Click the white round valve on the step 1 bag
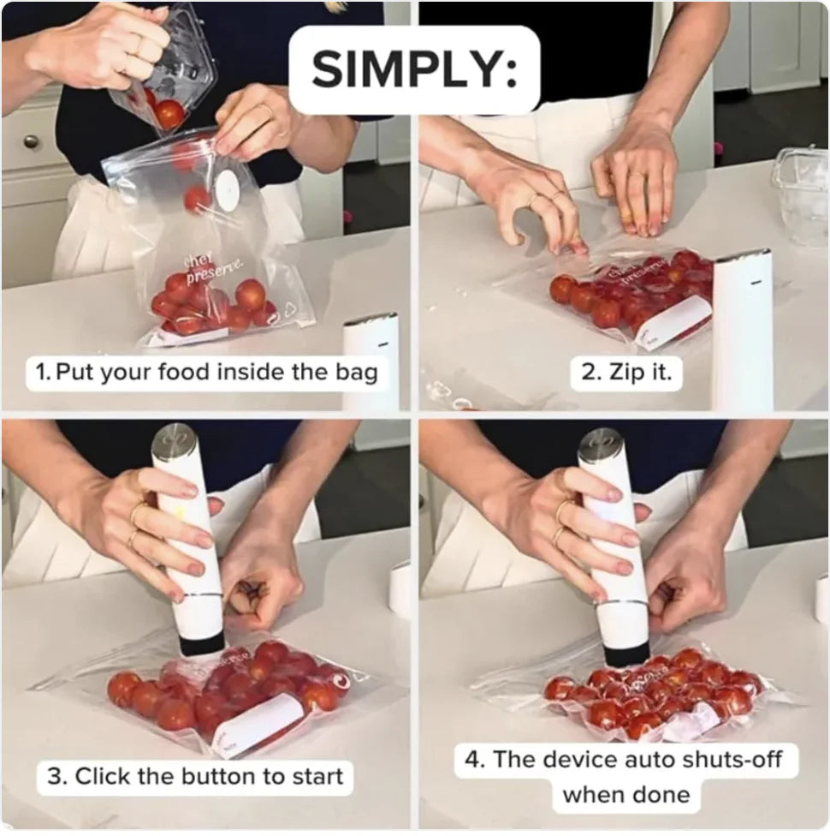point(227,189)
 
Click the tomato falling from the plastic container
point(169,113)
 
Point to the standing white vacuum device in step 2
point(741,330)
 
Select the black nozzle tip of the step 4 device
point(625,655)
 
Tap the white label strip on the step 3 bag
point(256,725)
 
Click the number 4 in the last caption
point(475,759)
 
